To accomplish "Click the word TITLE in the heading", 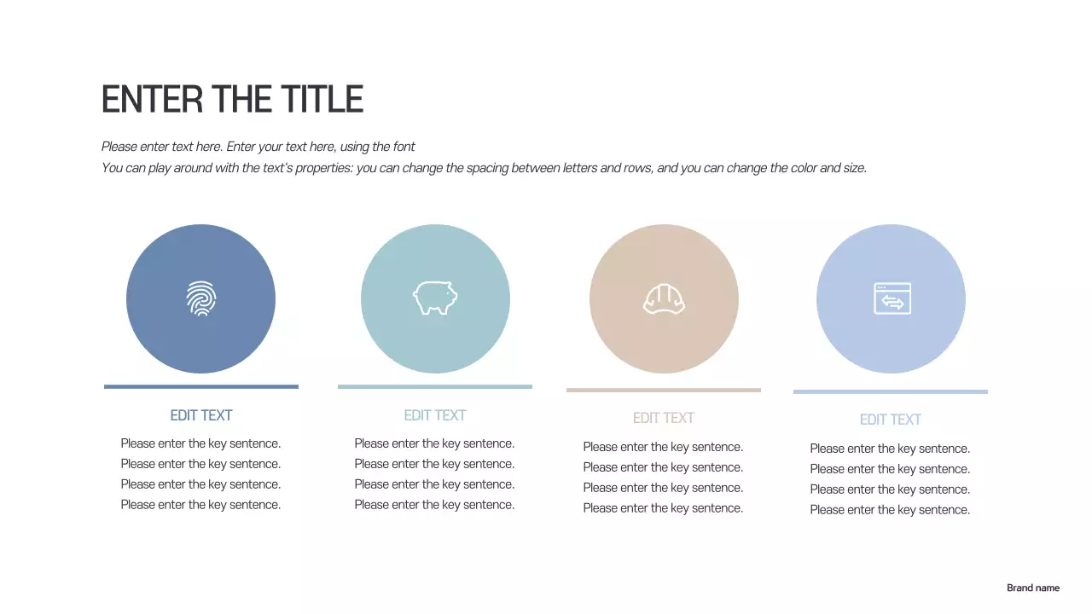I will click(x=323, y=100).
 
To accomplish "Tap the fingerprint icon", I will click(x=200, y=298).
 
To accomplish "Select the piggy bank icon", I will click(x=435, y=298).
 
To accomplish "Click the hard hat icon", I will click(x=664, y=299).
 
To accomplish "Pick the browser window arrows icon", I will click(x=892, y=298).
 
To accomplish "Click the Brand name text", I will click(x=1032, y=588).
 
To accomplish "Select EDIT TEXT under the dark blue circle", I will click(x=201, y=415).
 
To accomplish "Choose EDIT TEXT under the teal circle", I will click(x=435, y=415).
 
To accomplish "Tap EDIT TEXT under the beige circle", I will click(x=664, y=418).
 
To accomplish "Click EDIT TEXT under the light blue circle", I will click(x=891, y=420).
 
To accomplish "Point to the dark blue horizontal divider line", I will click(x=201, y=386).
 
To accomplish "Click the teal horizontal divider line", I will click(x=435, y=386).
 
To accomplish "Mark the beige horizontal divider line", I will click(x=664, y=390).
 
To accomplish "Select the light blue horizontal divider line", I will click(x=891, y=391).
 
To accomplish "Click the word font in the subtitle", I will click(x=404, y=147).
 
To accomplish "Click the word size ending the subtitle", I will click(x=854, y=168).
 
